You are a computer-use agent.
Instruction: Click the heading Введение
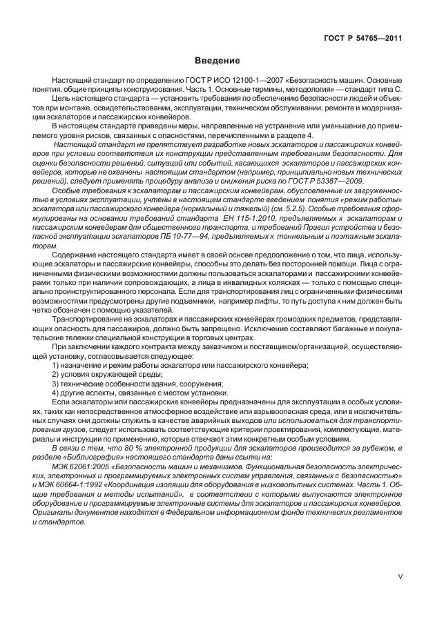point(217,61)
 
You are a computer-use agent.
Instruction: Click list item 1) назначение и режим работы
point(180,364)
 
